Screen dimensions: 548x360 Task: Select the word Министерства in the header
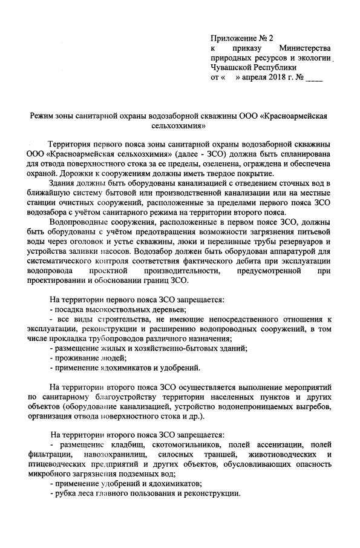[305, 48]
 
